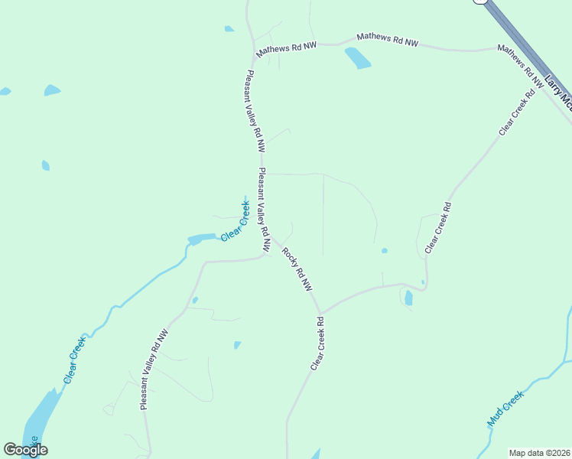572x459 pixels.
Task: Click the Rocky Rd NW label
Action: pyautogui.click(x=297, y=269)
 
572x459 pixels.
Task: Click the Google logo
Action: pyautogui.click(x=25, y=450)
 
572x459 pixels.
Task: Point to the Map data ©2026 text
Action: pyautogui.click(x=538, y=453)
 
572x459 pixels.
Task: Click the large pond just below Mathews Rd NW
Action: pyautogui.click(x=358, y=58)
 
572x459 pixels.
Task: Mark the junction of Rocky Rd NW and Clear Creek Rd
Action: pyautogui.click(x=320, y=314)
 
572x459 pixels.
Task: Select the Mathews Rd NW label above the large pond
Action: pyautogui.click(x=388, y=40)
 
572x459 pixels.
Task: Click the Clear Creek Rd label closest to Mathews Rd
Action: pyautogui.click(x=515, y=112)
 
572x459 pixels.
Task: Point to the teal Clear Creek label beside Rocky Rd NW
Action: pyautogui.click(x=235, y=222)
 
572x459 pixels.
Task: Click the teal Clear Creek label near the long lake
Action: pyautogui.click(x=75, y=360)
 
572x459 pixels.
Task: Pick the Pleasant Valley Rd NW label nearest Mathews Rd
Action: pyautogui.click(x=255, y=110)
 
